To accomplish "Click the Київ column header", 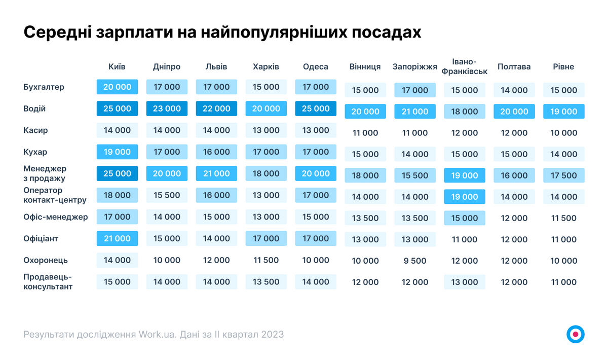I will pos(117,66).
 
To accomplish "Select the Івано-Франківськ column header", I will pos(465,66).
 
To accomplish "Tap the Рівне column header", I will pos(563,66).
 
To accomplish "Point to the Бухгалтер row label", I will pos(44,87).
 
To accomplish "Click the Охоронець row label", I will pos(46,260).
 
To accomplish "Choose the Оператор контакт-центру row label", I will pos(55,195).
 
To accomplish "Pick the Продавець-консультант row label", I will pos(48,282).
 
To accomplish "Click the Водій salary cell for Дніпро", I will pos(167,109).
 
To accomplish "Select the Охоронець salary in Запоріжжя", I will pos(415,261).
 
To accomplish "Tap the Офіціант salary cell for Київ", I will pos(117,238).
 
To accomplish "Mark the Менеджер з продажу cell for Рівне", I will pos(563,175).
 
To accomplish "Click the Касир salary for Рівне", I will pos(563,133).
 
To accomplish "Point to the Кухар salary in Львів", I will pos(216,152).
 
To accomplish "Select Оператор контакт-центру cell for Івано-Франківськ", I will pos(465,197).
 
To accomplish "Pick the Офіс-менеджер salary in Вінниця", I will pos(365,218).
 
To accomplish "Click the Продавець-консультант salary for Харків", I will pos(266,282).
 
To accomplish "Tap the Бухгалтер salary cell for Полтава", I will pos(514,90).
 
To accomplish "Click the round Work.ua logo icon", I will pos(575,334).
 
